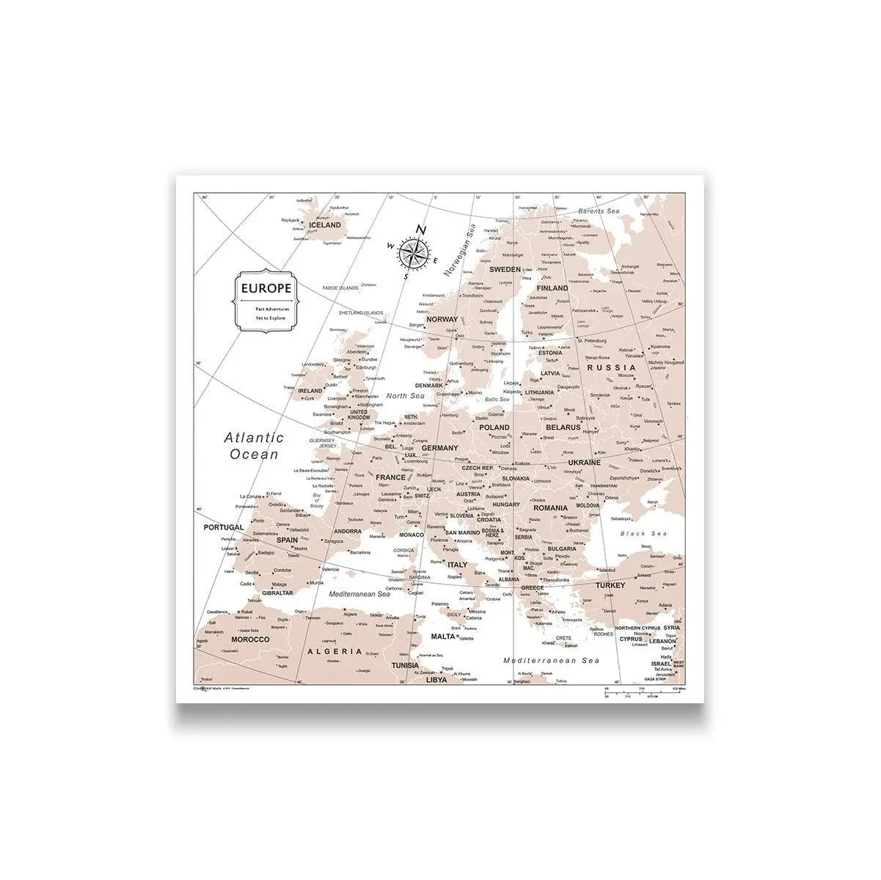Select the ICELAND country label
pos(325,226)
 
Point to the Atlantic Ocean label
pos(254,446)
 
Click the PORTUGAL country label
pos(224,527)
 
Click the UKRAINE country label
pos(584,463)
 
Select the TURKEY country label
pos(610,585)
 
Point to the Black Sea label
pos(643,533)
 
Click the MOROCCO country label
pos(250,639)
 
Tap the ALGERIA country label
pos(335,651)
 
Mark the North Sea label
pos(406,396)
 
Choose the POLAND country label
pos(494,427)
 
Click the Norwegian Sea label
pos(459,250)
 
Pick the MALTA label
pos(443,637)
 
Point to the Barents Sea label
pos(598,211)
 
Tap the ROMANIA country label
pos(550,507)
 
